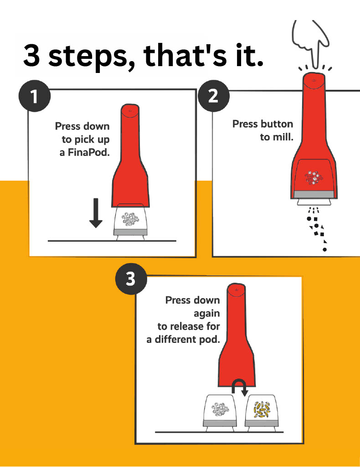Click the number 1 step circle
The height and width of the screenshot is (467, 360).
(34, 97)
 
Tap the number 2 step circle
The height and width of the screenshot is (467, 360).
(213, 97)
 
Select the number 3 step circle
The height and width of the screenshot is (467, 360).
(131, 279)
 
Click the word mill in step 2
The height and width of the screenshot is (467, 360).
(283, 137)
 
